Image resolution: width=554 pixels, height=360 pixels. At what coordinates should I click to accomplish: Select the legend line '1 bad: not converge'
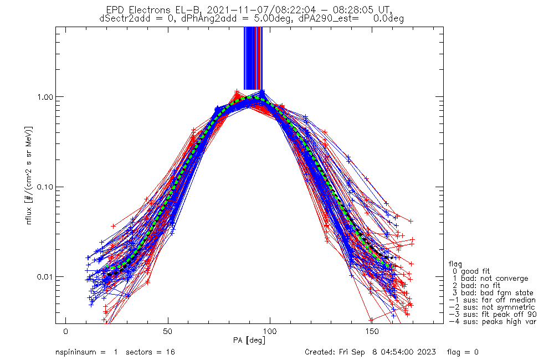(x=489, y=278)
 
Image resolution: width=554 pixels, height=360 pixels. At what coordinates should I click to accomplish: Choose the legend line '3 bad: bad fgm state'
(x=491, y=292)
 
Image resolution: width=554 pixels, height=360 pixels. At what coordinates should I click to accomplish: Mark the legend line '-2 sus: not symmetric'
(x=491, y=307)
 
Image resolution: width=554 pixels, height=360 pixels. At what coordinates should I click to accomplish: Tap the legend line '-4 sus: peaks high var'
(x=493, y=321)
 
